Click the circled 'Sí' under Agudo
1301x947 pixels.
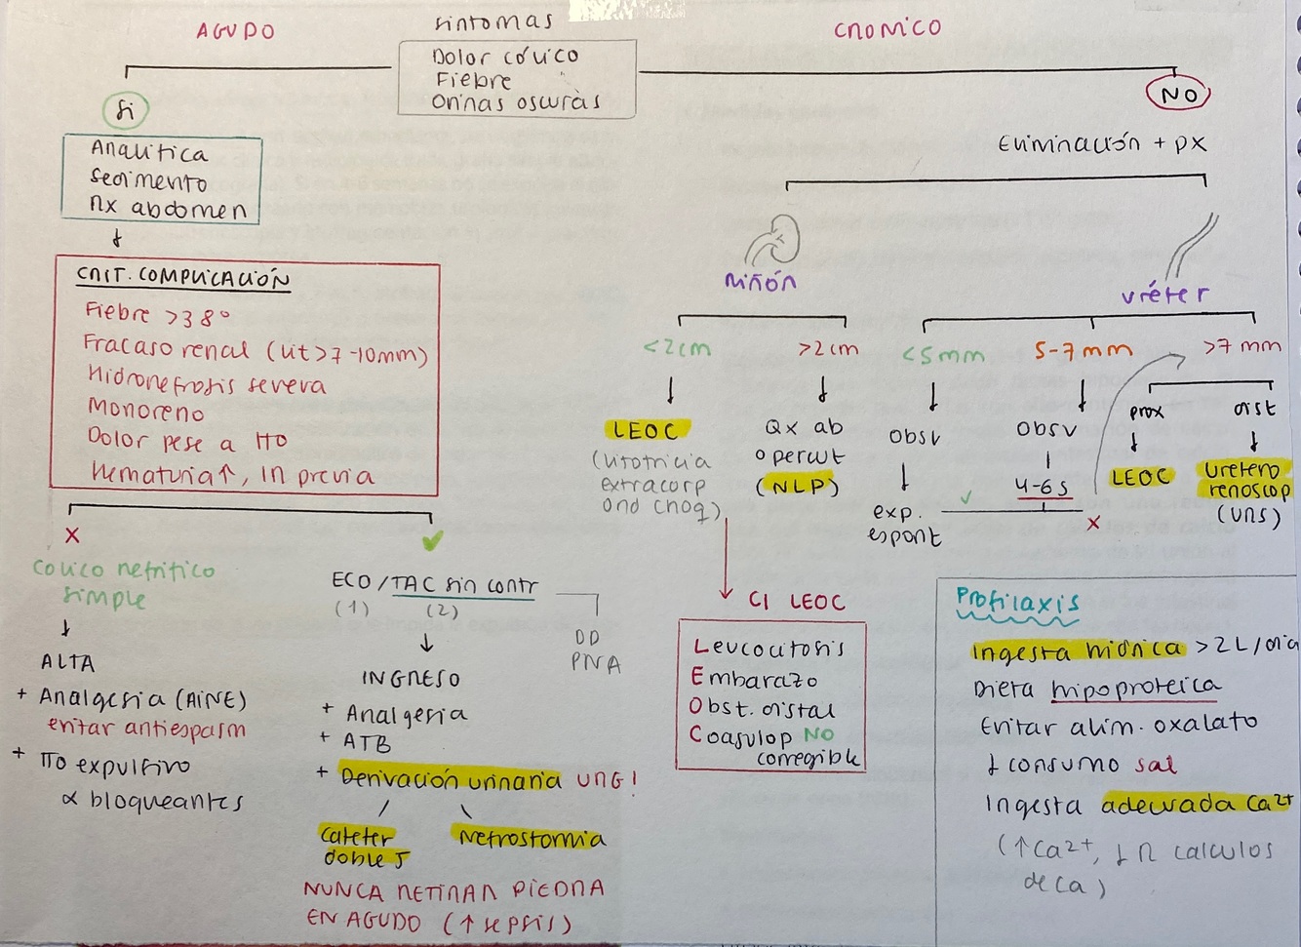click(x=126, y=111)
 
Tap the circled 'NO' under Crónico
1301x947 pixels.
click(x=1178, y=96)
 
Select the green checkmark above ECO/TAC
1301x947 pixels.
click(x=432, y=539)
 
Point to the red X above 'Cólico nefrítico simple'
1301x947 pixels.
click(x=72, y=534)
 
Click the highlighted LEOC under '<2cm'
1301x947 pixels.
click(x=645, y=430)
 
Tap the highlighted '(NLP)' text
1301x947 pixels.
click(x=798, y=487)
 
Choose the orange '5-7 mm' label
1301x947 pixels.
click(x=1084, y=350)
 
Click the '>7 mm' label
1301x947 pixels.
click(x=1242, y=346)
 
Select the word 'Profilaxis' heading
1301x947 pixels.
click(x=1016, y=601)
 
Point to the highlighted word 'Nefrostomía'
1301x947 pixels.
click(x=531, y=838)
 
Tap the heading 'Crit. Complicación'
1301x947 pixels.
click(x=183, y=279)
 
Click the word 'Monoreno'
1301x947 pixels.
click(x=146, y=410)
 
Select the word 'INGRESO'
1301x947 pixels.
click(x=411, y=678)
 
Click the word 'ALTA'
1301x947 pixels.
click(x=68, y=663)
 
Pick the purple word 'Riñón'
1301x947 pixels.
click(x=761, y=282)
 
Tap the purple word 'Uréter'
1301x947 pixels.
click(x=1164, y=294)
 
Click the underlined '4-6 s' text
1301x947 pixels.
click(x=1042, y=487)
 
